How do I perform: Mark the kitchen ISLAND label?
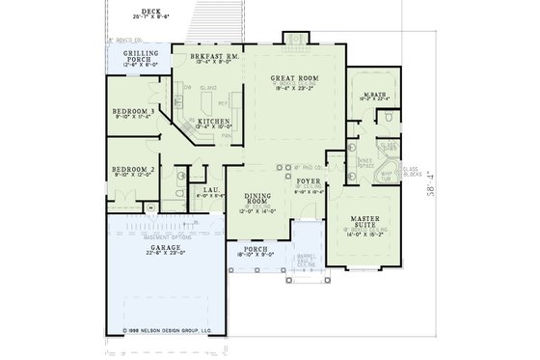tap(205, 88)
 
